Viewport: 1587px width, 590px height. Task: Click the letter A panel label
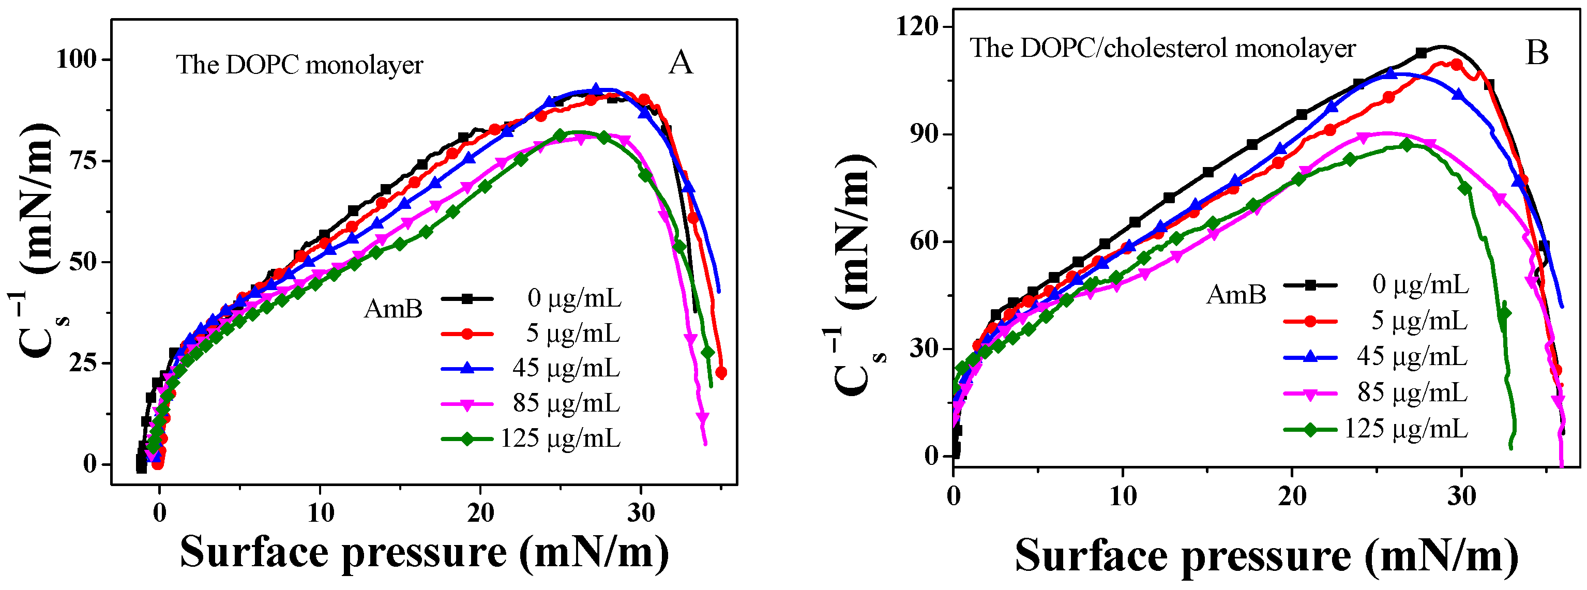tap(680, 63)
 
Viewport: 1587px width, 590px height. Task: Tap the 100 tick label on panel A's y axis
tap(77, 60)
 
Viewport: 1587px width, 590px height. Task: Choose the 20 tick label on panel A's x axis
tap(480, 512)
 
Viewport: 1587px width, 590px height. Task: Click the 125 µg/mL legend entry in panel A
tap(560, 438)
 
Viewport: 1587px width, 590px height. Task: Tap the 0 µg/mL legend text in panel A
tap(574, 299)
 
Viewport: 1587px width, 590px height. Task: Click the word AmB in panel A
tap(393, 309)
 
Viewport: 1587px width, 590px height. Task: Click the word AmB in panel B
tap(1236, 294)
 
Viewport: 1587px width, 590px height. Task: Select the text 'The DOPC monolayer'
tap(300, 65)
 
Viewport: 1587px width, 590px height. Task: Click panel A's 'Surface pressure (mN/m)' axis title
tap(424, 552)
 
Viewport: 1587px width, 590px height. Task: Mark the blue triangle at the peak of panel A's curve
tap(595, 90)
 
